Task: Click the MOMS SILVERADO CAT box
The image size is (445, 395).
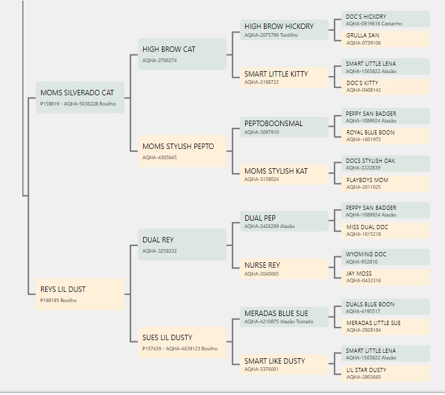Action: tap(80, 97)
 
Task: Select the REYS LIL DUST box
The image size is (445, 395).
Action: tap(80, 294)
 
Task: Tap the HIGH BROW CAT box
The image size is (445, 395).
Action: tap(182, 54)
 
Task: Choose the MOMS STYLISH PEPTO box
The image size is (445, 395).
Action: tap(182, 151)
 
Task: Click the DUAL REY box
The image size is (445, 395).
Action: tap(182, 244)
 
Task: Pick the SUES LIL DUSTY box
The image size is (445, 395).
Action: tap(182, 343)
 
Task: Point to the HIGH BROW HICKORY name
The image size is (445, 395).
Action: tap(279, 27)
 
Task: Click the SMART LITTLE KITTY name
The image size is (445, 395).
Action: tap(276, 74)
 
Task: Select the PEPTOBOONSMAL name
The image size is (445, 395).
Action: tap(274, 123)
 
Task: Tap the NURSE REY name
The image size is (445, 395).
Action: tap(262, 265)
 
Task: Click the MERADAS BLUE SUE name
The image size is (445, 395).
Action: tap(276, 313)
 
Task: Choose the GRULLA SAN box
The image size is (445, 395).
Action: tap(385, 39)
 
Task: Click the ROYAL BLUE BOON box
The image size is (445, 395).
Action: tap(385, 136)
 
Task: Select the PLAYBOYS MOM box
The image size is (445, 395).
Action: tap(385, 183)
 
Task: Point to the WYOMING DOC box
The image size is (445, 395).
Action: tap(385, 258)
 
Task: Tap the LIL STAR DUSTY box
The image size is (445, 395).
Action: tap(385, 373)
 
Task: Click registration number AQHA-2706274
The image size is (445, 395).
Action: tap(159, 60)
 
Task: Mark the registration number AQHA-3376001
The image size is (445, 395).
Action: tap(261, 369)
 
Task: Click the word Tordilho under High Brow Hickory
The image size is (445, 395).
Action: tap(289, 35)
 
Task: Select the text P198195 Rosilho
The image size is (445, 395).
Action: tap(58, 300)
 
